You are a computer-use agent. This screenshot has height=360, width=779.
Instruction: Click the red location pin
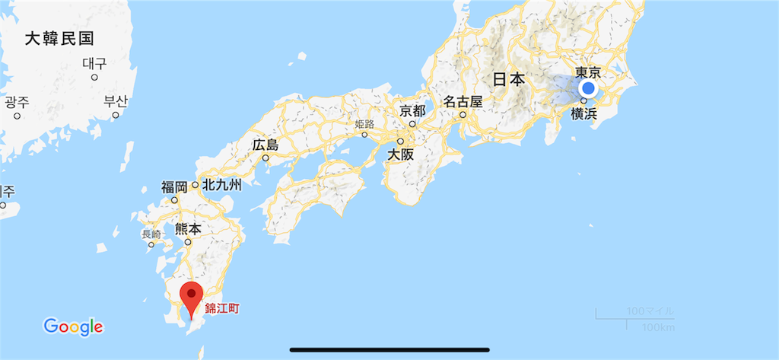tap(191, 297)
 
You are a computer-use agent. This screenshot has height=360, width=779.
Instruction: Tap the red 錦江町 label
tap(227, 309)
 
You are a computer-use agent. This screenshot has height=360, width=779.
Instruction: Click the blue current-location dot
tap(587, 90)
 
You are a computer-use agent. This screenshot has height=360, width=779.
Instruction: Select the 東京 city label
tap(588, 72)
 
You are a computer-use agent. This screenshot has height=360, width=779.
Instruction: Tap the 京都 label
tap(413, 110)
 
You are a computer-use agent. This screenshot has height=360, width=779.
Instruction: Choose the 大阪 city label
tap(402, 153)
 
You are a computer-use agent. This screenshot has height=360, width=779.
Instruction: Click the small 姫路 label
tap(364, 124)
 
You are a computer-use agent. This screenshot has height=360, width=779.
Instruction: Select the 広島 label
tap(265, 145)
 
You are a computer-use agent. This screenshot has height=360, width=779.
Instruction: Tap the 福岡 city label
tap(174, 187)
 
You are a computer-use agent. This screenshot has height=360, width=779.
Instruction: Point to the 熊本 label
tap(188, 228)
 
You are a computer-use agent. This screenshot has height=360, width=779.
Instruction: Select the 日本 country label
tap(508, 79)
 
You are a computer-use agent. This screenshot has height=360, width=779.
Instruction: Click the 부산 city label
tap(116, 100)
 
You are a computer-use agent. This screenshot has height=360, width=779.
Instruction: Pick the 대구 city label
tap(94, 63)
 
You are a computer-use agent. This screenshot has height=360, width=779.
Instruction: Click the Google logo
tap(73, 327)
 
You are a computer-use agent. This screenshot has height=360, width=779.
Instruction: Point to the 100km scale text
tap(658, 327)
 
